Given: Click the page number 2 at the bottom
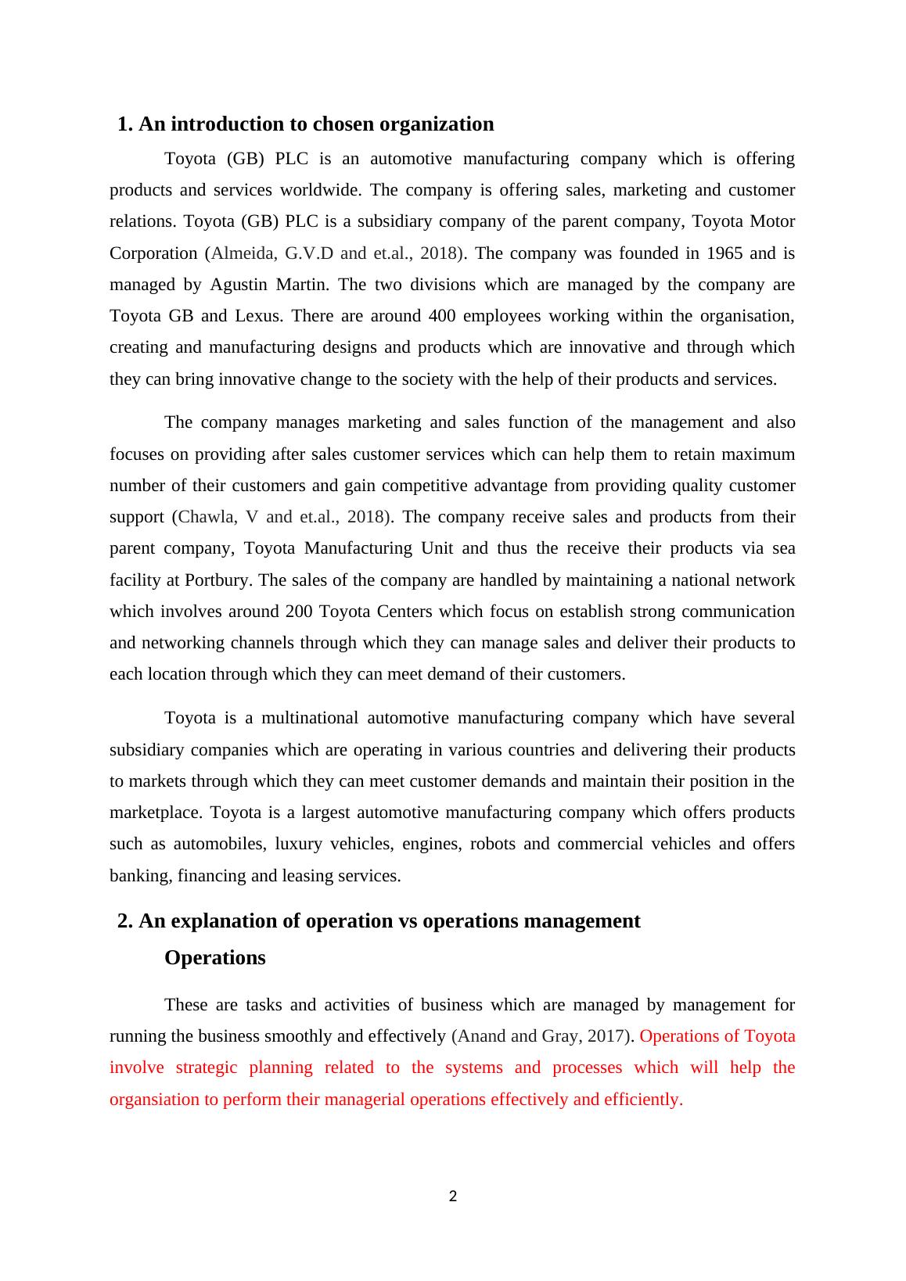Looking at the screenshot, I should pyautogui.click(x=453, y=1196).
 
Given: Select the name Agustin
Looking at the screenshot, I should pyautogui.click(x=238, y=285).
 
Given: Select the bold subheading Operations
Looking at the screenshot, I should pyautogui.click(x=214, y=958).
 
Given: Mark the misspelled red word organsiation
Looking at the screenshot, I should pyautogui.click(x=155, y=1100).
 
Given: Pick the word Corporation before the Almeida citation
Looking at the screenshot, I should pyautogui.click(x=153, y=253).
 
